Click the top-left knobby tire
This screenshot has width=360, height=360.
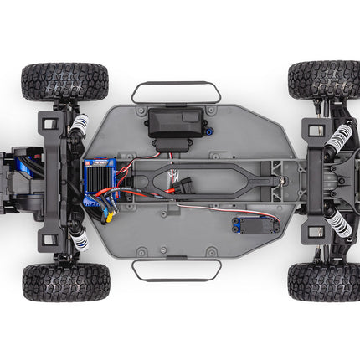[64, 81]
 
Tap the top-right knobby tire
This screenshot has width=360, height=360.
[324, 80]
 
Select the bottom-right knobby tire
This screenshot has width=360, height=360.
[324, 282]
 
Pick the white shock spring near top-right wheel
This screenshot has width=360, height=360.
[340, 136]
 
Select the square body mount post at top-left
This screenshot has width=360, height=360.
[49, 123]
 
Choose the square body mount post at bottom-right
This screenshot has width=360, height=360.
[315, 232]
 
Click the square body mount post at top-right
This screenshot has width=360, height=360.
[315, 129]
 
